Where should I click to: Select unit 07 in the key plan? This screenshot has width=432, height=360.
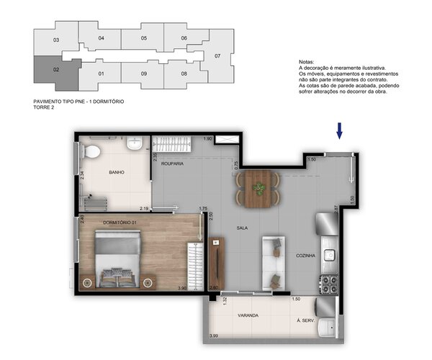coord(217,55)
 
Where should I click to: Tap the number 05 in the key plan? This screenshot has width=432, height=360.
coord(143,37)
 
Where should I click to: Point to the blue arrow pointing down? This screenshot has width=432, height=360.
coord(339,130)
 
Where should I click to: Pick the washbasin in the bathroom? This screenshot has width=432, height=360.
coord(135,146)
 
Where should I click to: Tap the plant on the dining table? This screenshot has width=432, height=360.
coord(258,189)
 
